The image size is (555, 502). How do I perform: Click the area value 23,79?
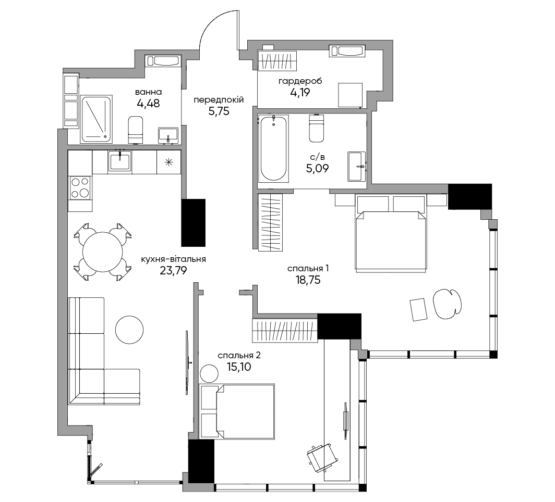(173, 271)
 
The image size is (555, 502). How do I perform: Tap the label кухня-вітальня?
(173, 259)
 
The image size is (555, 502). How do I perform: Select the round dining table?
(103, 252)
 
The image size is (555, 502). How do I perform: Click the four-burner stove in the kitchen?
(80, 187)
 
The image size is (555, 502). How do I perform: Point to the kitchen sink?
(119, 161)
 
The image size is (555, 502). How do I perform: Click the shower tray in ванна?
(96, 119)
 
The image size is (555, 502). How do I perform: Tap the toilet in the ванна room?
(136, 130)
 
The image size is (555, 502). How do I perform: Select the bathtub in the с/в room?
(273, 148)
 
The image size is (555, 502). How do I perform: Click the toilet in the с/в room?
(316, 128)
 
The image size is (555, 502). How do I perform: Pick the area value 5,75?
(219, 111)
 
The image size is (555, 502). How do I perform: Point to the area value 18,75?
(308, 280)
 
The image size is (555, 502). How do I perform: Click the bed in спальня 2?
(237, 411)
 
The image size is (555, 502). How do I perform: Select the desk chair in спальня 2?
(321, 458)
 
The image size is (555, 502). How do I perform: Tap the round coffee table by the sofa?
(129, 330)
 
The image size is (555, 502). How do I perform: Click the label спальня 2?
(239, 355)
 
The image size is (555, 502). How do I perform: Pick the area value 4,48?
(148, 104)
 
